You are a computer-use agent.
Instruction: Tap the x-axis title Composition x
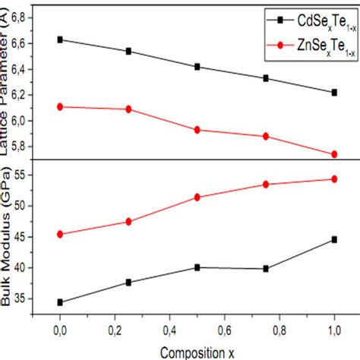pos(197,352)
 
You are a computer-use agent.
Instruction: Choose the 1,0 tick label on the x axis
pos(334,332)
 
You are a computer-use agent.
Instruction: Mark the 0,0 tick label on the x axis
pos(59,332)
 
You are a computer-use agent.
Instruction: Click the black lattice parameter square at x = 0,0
pos(59,39)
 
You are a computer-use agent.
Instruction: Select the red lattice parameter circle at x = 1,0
pos(334,154)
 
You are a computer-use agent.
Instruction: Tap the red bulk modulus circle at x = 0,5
pos(197,197)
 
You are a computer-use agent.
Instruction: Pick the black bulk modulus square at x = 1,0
pos(334,239)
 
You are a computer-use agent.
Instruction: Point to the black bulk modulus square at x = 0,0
pos(59,302)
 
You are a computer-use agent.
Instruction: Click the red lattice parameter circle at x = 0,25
pos(128,109)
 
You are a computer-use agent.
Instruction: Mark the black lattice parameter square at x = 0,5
pos(197,67)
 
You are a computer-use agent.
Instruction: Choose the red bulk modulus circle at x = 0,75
pos(266,184)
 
